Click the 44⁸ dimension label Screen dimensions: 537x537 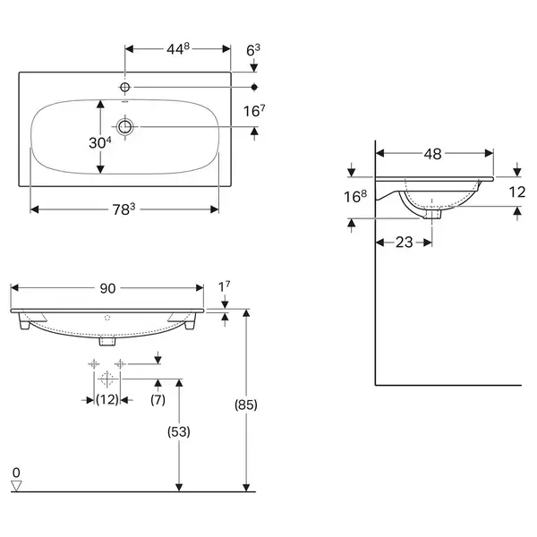(178, 49)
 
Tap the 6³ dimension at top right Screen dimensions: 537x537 (253, 50)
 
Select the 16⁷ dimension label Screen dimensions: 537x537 (254, 111)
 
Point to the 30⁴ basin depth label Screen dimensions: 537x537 (100, 142)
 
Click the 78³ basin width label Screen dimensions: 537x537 (124, 209)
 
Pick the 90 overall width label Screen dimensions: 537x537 (107, 288)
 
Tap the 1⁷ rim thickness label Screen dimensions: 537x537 (225, 286)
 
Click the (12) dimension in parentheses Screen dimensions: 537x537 (107, 399)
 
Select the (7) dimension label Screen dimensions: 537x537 (158, 399)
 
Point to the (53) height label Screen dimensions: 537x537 (179, 431)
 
